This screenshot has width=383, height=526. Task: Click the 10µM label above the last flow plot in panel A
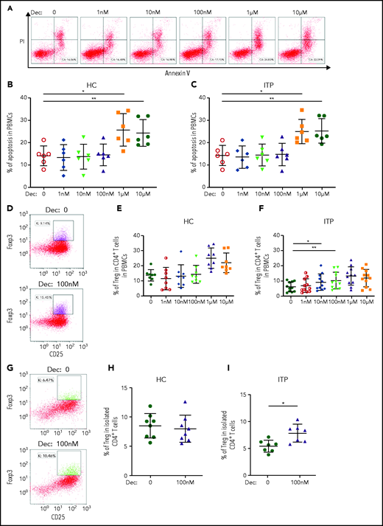(352, 8)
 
